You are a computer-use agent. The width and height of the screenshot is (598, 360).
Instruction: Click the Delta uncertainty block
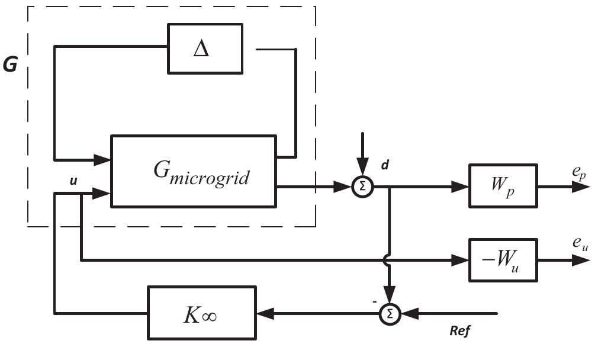click(205, 49)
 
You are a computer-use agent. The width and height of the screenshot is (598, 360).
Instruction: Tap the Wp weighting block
click(503, 187)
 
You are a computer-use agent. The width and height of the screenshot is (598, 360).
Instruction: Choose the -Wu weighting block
click(503, 259)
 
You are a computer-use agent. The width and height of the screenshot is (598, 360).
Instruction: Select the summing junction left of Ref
click(390, 313)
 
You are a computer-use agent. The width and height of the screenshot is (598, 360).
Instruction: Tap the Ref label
click(460, 330)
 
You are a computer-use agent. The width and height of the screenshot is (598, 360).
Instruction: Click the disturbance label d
click(385, 165)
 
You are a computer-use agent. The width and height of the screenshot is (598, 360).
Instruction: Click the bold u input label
click(73, 181)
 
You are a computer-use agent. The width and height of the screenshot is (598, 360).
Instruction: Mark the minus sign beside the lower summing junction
click(375, 301)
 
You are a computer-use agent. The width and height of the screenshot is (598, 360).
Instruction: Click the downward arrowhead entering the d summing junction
click(363, 171)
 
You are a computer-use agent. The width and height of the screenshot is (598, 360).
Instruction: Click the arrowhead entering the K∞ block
click(263, 313)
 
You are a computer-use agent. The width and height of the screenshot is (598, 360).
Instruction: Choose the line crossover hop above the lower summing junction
click(388, 259)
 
